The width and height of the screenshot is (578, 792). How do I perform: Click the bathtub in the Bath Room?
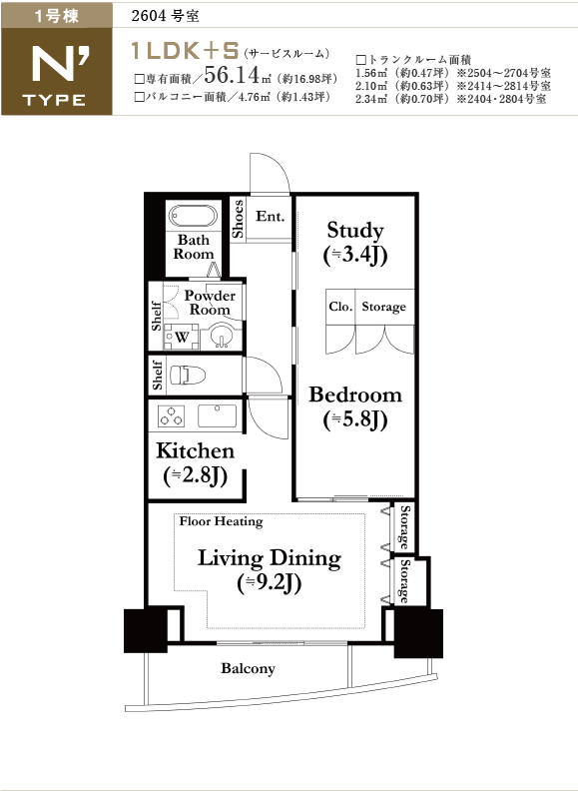pos(193,216)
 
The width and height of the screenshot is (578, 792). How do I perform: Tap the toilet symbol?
pos(188,376)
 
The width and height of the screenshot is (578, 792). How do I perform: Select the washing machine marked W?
pos(182,338)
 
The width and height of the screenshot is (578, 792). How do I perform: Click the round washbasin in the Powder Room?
pos(221,337)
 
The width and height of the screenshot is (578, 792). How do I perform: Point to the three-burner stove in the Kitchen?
pos(171,416)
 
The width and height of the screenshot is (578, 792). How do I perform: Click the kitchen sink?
pos(217,415)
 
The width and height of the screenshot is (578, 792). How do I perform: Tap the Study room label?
pos(354,243)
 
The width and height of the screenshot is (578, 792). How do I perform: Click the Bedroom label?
pos(355,407)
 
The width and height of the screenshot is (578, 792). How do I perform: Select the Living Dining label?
pos(270,570)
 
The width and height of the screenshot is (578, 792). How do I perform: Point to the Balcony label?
pos(248,669)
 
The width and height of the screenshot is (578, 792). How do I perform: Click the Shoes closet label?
pos(238,219)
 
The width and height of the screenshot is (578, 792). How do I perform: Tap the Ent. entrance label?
pos(271,216)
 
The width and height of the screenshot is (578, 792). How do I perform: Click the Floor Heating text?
pos(221,521)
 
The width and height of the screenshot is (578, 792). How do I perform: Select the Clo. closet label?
pos(340,307)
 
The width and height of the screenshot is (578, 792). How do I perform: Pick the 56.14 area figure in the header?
pos(232,75)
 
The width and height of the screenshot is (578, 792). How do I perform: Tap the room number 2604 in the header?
pos(149,16)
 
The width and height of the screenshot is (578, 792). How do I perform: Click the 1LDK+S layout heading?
pos(185,51)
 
